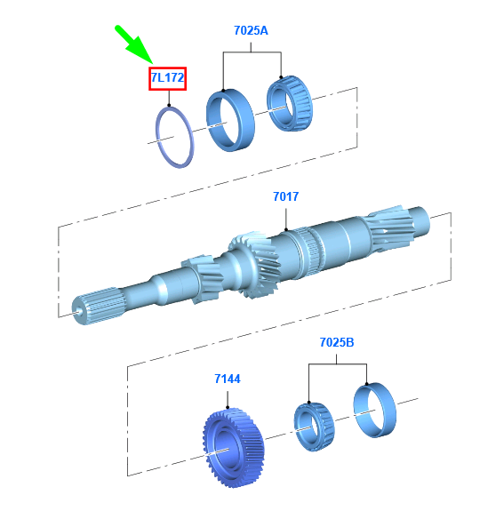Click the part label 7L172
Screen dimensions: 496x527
[167, 78]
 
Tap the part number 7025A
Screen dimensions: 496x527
[251, 30]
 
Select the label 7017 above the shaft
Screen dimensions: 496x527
[286, 196]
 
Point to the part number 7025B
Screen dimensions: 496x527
[337, 342]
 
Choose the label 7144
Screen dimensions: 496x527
[228, 379]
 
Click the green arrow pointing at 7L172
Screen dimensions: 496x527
[134, 44]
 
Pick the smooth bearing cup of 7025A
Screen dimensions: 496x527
[230, 120]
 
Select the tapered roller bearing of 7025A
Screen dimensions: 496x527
[290, 103]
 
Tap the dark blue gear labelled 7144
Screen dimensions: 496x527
[234, 448]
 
